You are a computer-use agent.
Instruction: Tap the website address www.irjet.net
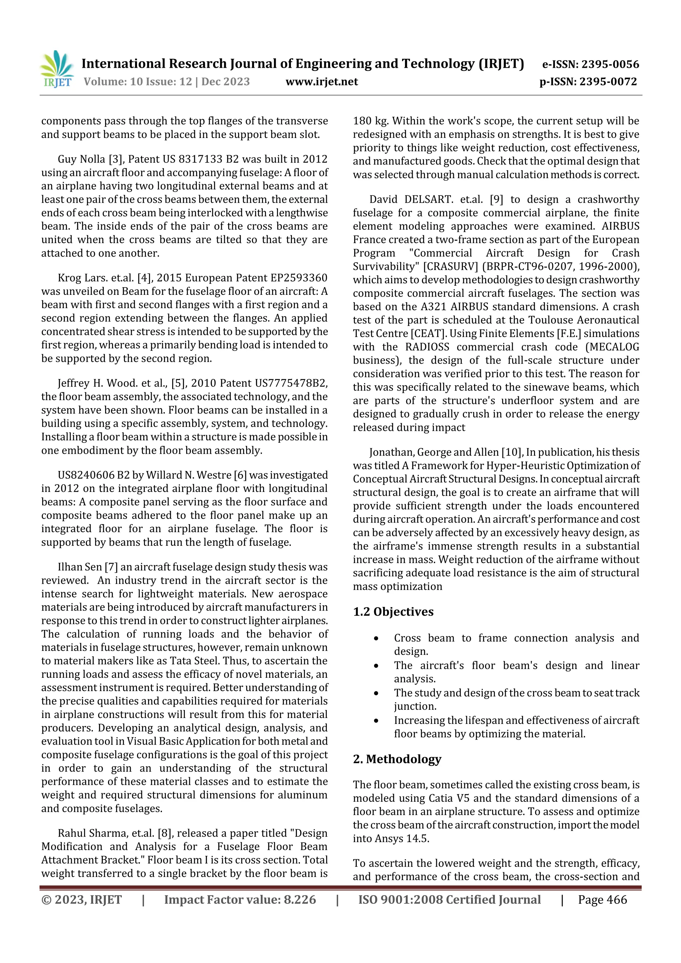[x=322, y=82]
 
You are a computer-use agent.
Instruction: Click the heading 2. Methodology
[x=397, y=759]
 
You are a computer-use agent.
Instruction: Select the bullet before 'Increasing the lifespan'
[x=376, y=721]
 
